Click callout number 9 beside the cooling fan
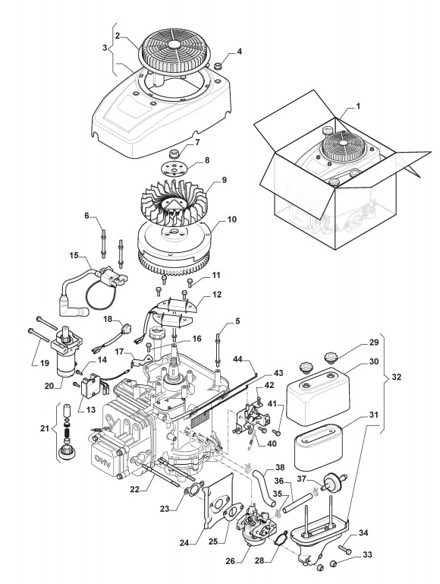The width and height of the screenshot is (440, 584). click(225, 179)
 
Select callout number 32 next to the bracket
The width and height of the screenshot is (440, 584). click(397, 377)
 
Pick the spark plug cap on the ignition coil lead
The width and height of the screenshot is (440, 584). click(77, 295)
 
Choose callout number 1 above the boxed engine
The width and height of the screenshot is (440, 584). click(358, 106)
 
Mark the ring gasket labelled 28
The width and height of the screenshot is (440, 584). click(281, 538)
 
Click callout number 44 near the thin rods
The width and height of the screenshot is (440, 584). click(238, 358)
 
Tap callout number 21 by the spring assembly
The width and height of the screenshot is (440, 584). click(45, 428)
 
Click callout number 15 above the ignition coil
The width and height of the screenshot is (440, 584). click(74, 255)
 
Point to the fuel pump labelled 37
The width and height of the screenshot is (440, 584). click(332, 480)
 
